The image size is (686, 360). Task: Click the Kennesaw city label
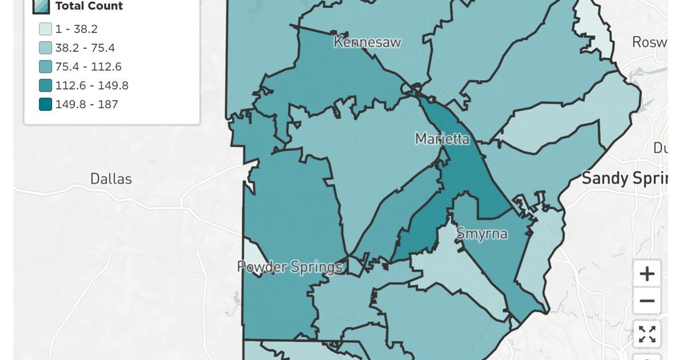coord(367,42)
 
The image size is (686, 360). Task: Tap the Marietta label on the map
coord(442,139)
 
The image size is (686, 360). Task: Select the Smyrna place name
coord(481,233)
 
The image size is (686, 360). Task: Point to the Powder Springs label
coord(289,267)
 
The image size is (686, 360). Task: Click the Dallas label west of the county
coord(111,179)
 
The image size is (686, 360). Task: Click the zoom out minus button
coord(647,301)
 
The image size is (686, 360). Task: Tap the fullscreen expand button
coord(647,334)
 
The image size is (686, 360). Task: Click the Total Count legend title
coord(89,6)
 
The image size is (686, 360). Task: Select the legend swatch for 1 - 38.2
coord(45,29)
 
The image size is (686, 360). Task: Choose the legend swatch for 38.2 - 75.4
coord(45,48)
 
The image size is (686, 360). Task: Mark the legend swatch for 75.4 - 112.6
coord(45,67)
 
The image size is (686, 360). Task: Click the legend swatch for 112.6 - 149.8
coord(45,86)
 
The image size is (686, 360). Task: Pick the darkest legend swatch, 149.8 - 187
coord(45,105)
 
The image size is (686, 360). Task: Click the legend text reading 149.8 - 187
coord(86,105)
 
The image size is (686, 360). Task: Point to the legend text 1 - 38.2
coord(76,29)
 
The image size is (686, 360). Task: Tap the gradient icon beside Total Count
coord(41,6)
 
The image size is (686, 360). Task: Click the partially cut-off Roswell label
coord(649,42)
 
